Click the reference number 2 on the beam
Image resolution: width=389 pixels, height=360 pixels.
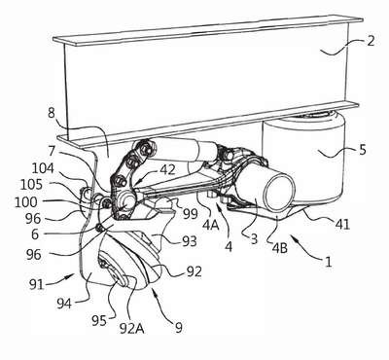tap(371, 41)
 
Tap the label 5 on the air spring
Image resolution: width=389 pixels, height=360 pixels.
tap(363, 150)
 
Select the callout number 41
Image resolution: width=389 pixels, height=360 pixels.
tap(341, 224)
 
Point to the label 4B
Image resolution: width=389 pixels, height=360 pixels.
tap(279, 249)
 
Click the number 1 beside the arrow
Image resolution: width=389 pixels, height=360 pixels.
tap(329, 262)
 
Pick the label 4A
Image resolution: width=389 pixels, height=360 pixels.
tap(210, 224)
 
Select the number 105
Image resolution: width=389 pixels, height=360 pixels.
tap(31, 185)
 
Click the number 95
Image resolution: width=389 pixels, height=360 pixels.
tap(98, 320)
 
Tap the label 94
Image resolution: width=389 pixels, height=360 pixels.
tap(64, 304)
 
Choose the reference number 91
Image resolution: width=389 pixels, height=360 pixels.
tap(36, 285)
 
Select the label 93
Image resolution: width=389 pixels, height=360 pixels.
tap(189, 241)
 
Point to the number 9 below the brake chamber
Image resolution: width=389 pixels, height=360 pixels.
tap(179, 327)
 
